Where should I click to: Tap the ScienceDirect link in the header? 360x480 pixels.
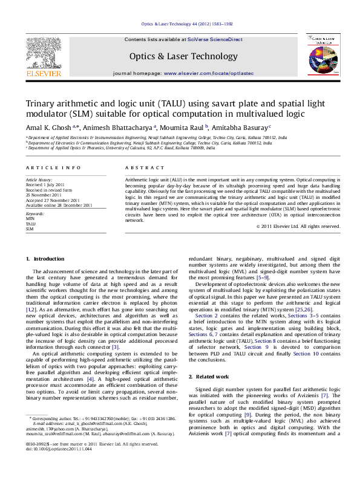tap(215, 39)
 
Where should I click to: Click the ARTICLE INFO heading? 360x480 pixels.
tap(53, 167)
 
